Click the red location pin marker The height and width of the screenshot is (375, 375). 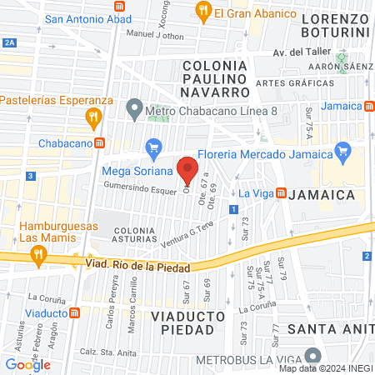point(188,169)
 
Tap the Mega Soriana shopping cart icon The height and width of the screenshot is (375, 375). point(152,149)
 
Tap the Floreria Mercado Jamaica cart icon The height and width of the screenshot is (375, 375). point(341,151)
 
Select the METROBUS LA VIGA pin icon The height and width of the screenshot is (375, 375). point(312,356)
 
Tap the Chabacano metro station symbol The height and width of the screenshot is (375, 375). point(99,142)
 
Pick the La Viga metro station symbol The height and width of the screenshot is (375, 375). point(281,193)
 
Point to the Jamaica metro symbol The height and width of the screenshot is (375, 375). point(369,106)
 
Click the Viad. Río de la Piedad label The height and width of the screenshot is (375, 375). point(137,265)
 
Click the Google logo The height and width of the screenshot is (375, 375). point(27,364)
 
